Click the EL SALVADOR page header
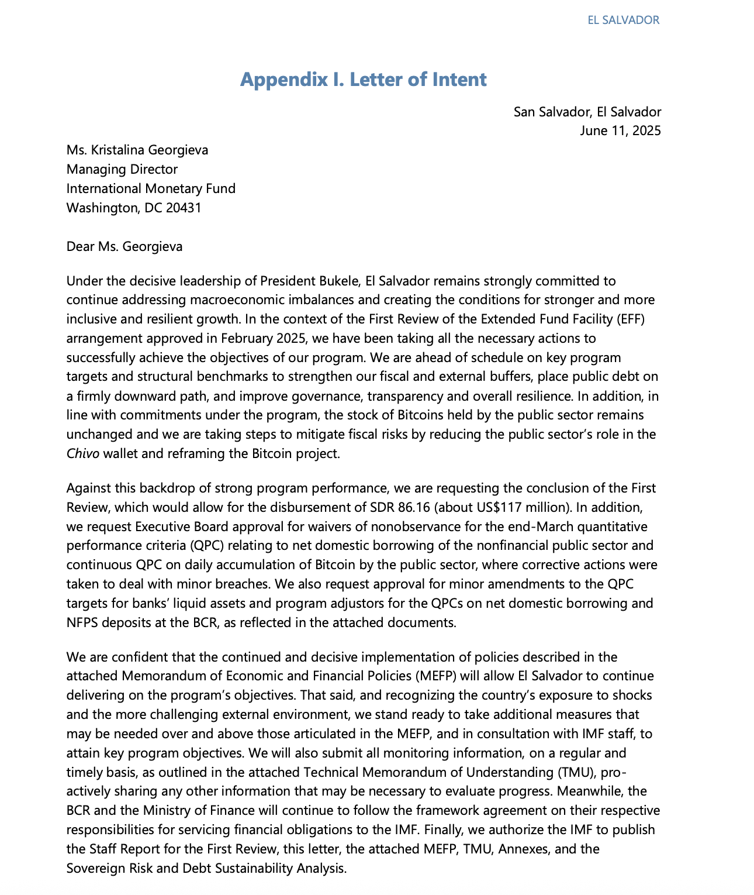(x=623, y=20)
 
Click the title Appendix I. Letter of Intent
(x=363, y=80)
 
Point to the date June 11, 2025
(x=620, y=130)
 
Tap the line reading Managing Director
(x=122, y=170)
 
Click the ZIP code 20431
(x=183, y=208)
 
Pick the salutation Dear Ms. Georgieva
(x=124, y=246)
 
